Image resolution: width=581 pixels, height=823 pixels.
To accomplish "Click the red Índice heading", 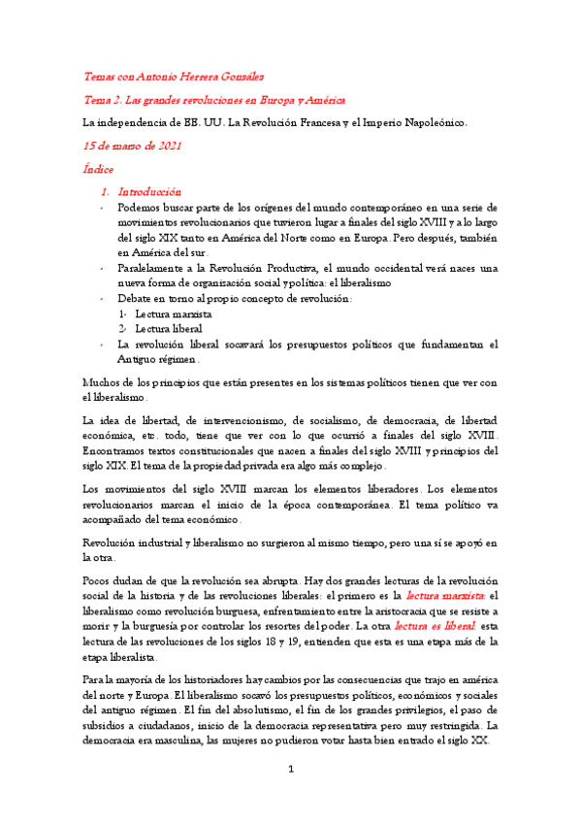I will pos(99,169).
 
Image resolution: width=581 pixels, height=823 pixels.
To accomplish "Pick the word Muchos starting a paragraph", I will pos(102,381).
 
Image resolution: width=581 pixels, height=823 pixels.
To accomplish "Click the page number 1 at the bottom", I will pos(290,796).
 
